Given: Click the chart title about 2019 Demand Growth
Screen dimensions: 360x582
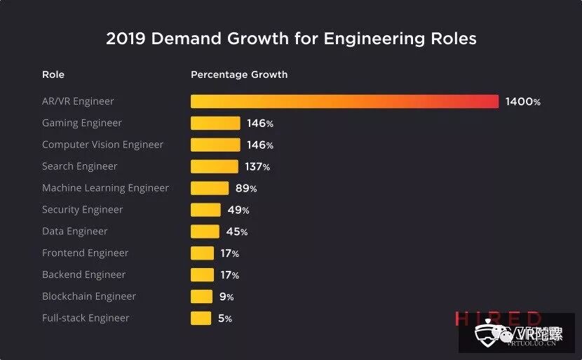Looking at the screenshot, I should coord(291,39).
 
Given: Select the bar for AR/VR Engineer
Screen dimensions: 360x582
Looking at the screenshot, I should coord(344,102).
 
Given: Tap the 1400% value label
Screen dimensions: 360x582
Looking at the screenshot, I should coord(522,102).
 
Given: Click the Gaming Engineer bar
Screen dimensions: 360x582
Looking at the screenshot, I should coord(215,124).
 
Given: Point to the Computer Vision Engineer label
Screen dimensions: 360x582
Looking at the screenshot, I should coord(102,145).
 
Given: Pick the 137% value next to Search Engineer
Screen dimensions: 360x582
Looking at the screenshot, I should coord(257,167).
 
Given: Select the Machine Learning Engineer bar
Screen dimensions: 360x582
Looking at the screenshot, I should coord(210,188).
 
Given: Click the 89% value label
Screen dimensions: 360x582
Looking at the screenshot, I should coord(246,189).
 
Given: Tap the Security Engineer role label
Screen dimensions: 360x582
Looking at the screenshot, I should coord(82,210).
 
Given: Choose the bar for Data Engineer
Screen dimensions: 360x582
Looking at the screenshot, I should coord(205,232).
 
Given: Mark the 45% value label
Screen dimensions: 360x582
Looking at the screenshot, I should coord(236,232).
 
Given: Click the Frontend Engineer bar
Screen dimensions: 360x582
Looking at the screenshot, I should coord(202,253).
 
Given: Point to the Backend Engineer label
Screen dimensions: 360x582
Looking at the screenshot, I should coord(83,275).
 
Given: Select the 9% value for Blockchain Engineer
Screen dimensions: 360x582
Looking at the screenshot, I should coord(226,297).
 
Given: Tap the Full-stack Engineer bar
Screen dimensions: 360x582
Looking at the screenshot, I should coord(201,319).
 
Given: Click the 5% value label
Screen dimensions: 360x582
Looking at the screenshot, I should coord(224,319).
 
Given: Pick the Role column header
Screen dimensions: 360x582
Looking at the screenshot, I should coord(53,74).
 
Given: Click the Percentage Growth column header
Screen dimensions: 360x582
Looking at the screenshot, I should coord(239,74).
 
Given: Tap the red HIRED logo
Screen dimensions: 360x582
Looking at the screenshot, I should coord(497,319).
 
